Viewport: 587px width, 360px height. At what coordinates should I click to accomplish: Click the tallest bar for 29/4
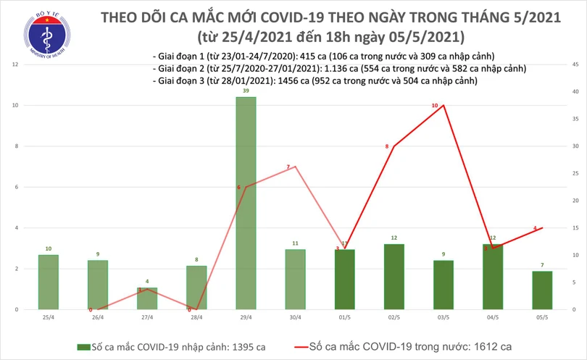(245, 203)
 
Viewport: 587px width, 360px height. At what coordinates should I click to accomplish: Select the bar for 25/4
(48, 282)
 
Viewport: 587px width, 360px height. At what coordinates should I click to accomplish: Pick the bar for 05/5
(541, 290)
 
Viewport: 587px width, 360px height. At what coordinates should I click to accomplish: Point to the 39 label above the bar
(245, 91)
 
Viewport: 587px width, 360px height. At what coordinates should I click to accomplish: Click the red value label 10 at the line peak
(435, 106)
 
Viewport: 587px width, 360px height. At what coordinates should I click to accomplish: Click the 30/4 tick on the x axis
(294, 317)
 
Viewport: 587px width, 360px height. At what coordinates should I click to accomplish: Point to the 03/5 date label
(442, 317)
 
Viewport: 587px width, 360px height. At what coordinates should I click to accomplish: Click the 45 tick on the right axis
(574, 65)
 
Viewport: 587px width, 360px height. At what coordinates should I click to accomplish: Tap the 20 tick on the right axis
(574, 201)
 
